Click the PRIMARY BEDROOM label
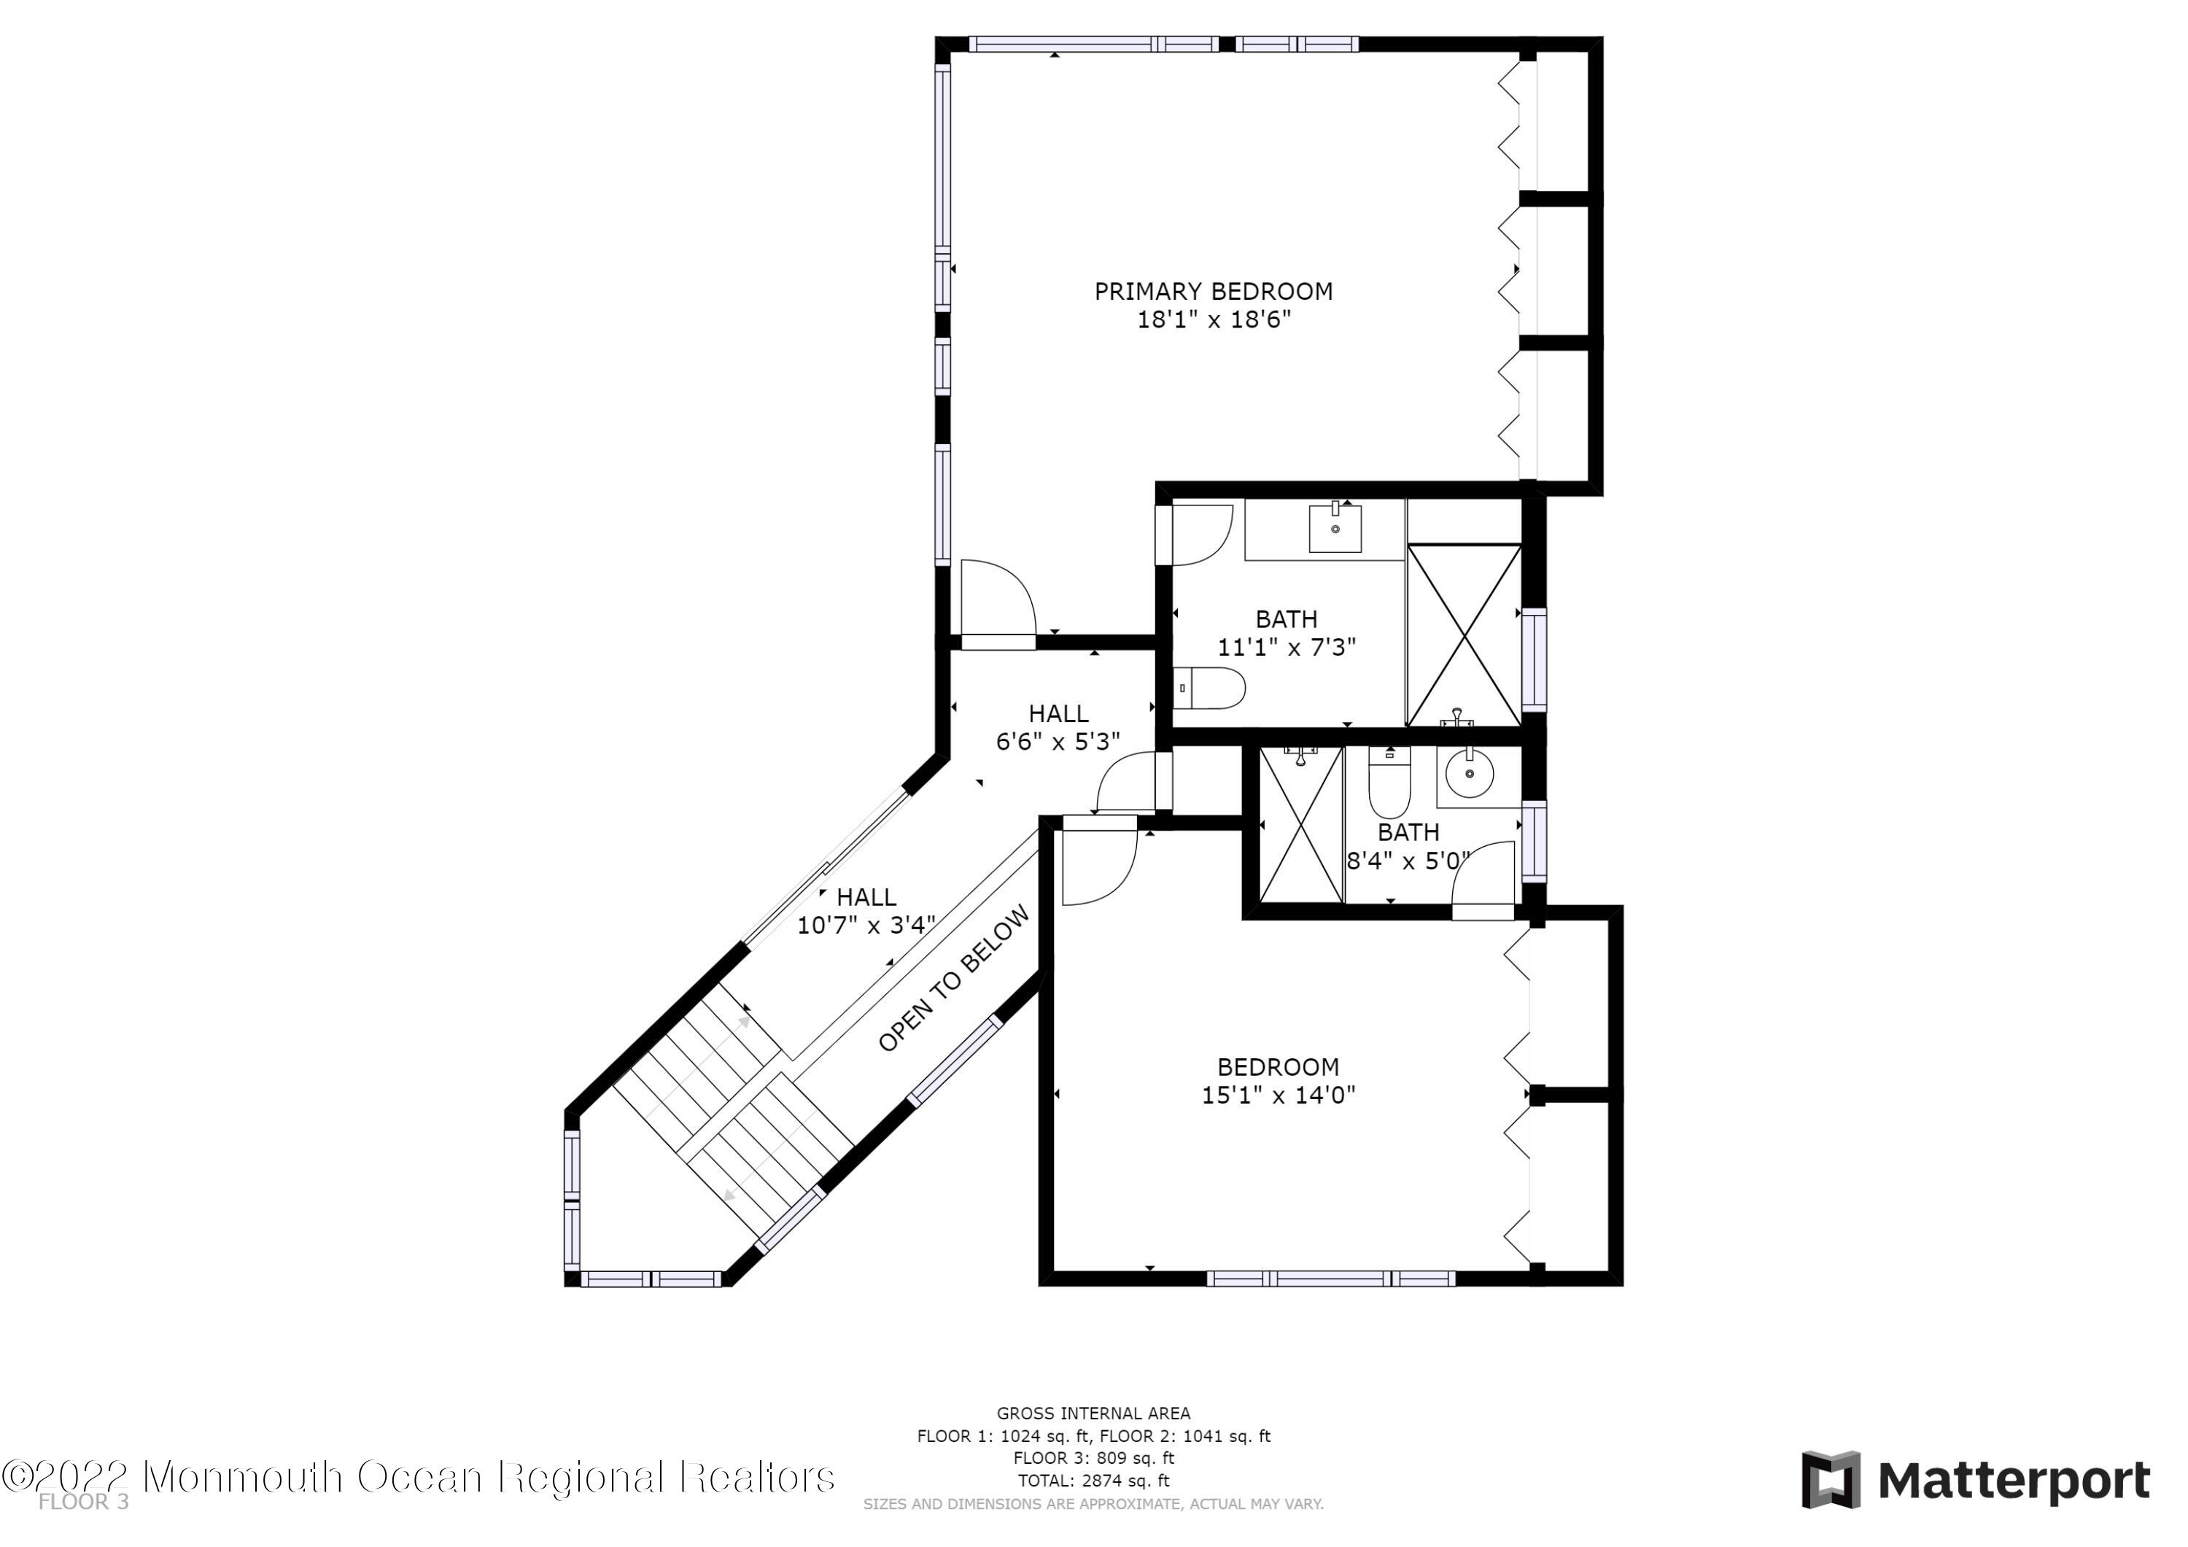pos(1213,292)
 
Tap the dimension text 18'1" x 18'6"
pos(1213,319)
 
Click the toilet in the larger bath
pos(1209,687)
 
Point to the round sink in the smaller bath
pos(1470,773)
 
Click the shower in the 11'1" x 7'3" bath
pos(1464,635)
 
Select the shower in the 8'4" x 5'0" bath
pos(1301,824)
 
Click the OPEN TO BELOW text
pos(954,979)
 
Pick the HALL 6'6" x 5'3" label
pos(1058,727)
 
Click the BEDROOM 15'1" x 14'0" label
pos(1278,1080)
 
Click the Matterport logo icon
pos(1831,1481)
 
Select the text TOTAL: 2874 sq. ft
pos(1093,1481)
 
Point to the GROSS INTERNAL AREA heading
pos(1093,1414)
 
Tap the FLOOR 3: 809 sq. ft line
pos(1093,1458)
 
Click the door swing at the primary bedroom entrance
pos(998,597)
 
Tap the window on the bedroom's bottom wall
pos(1330,1278)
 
